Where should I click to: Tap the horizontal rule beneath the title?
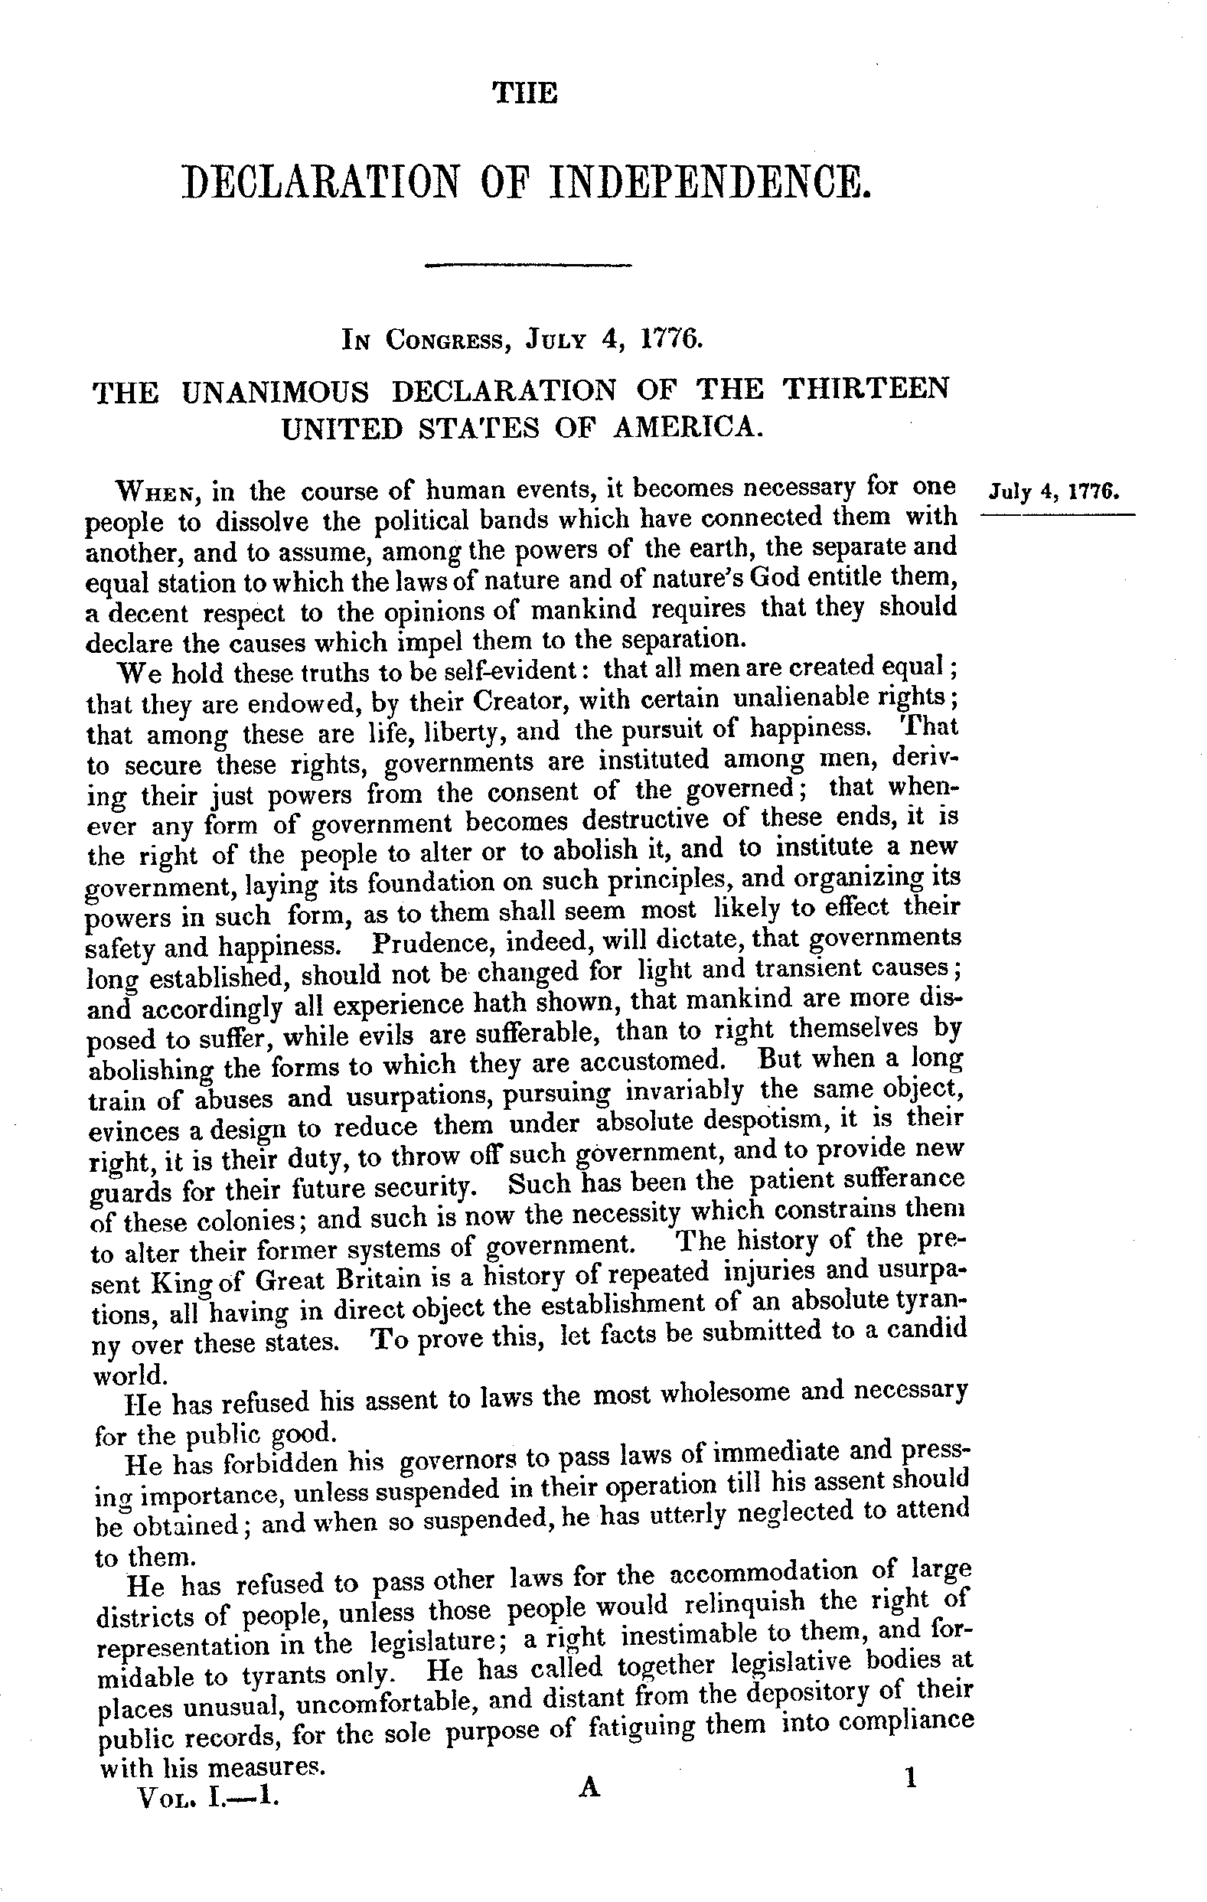[527, 266]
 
